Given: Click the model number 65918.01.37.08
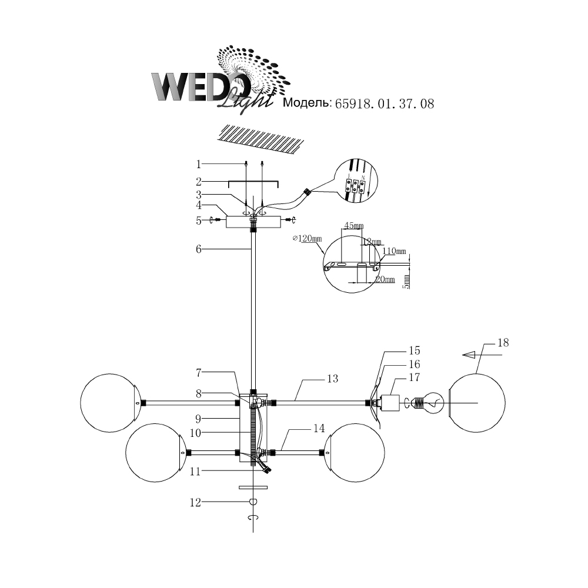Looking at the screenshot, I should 384,104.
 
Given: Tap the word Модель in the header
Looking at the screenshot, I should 307,103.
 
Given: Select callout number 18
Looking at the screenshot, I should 502,343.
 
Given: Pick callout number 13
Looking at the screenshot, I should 333,379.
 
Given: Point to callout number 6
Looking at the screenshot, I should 199,249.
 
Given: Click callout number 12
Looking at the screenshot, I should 195,502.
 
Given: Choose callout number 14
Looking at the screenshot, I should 319,429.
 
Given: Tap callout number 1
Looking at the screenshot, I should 199,163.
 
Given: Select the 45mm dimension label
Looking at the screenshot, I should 353,225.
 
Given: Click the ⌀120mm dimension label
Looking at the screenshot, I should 308,239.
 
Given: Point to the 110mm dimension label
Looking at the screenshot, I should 395,251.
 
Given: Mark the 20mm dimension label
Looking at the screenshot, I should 386,279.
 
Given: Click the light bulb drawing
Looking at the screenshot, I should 432,403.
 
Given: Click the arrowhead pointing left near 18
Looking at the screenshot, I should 469,355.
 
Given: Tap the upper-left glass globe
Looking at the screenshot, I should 109,403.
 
